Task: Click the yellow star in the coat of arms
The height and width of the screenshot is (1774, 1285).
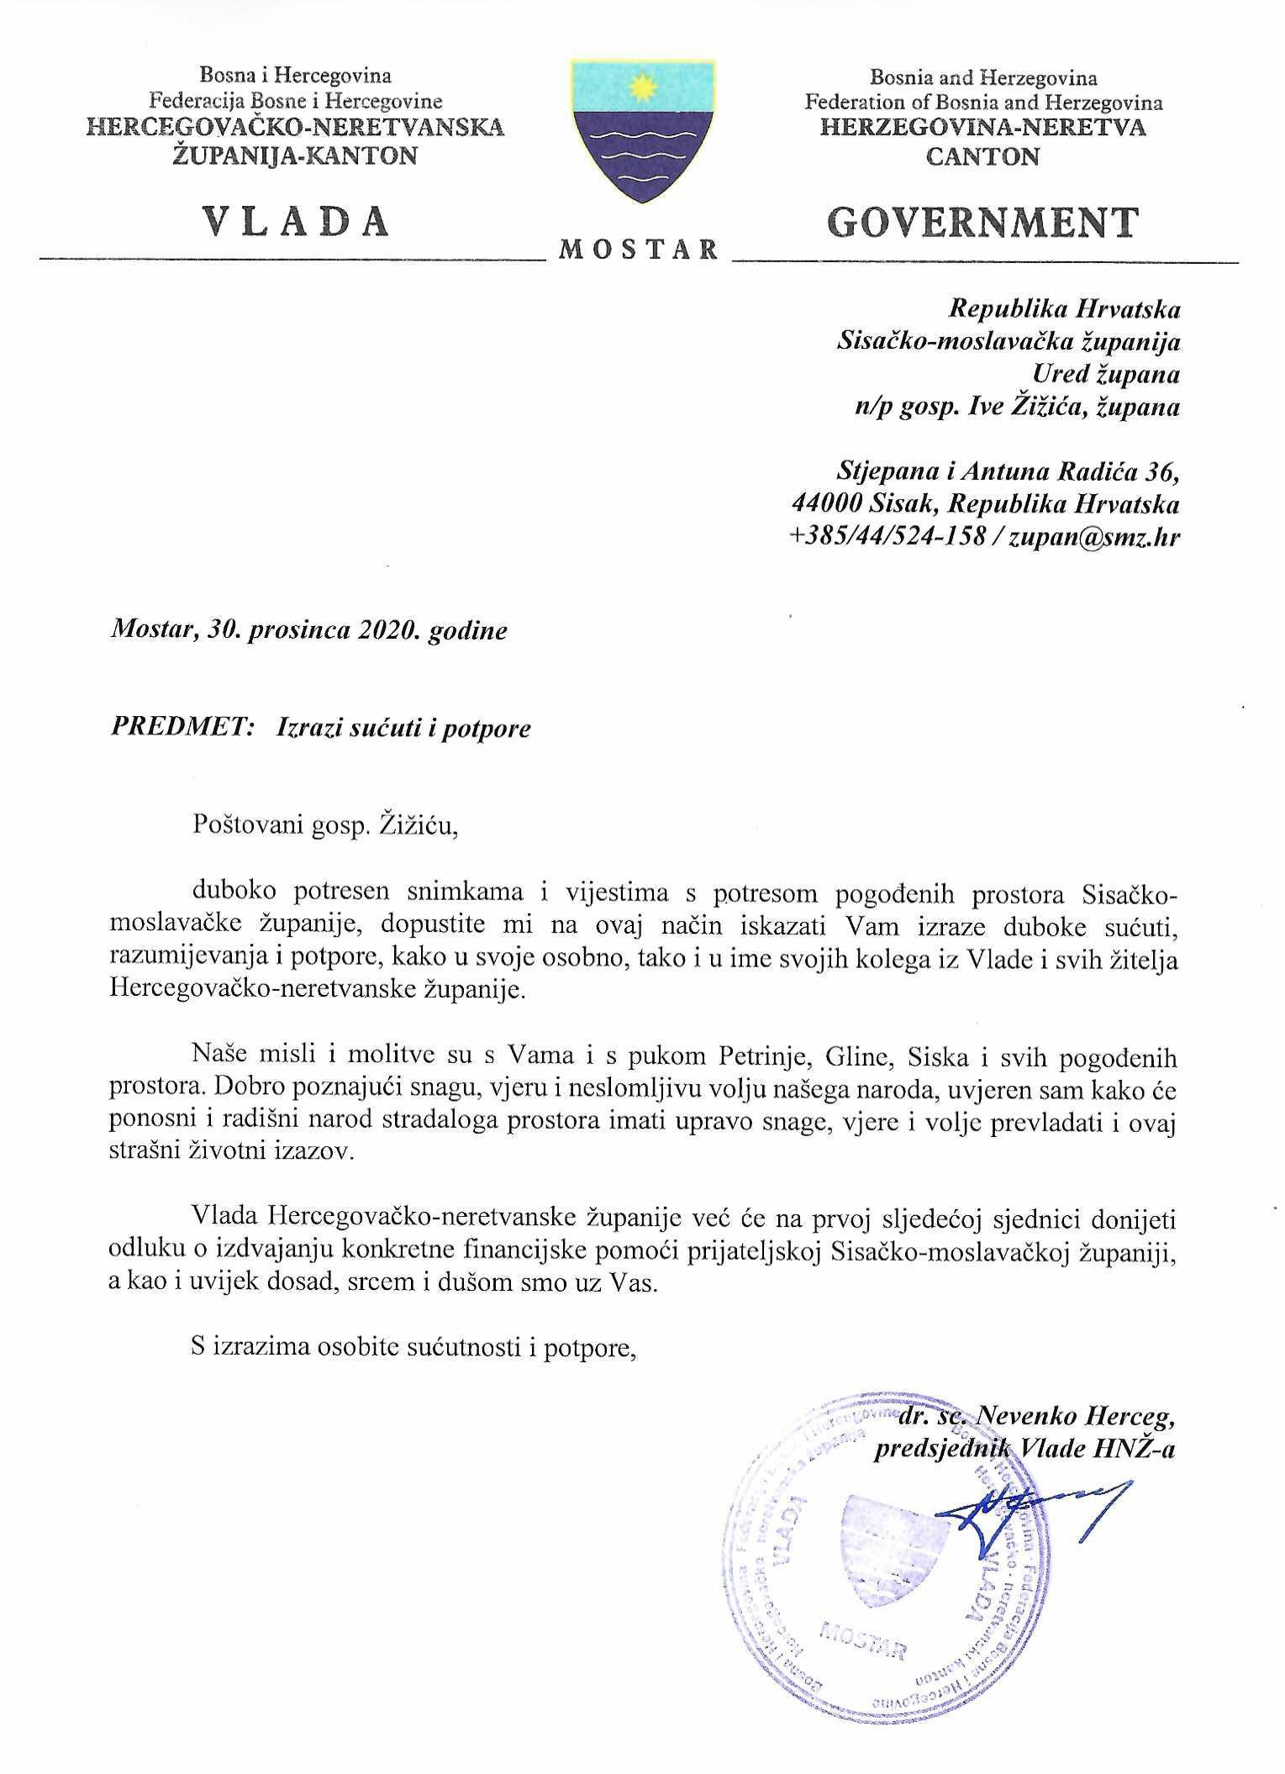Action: (x=642, y=85)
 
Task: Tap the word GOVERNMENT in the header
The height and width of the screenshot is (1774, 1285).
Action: (x=983, y=222)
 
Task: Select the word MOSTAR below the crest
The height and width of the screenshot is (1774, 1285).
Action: (x=640, y=250)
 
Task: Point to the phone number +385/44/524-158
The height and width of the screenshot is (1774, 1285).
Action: (x=887, y=538)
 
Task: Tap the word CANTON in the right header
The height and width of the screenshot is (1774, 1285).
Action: (x=982, y=157)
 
